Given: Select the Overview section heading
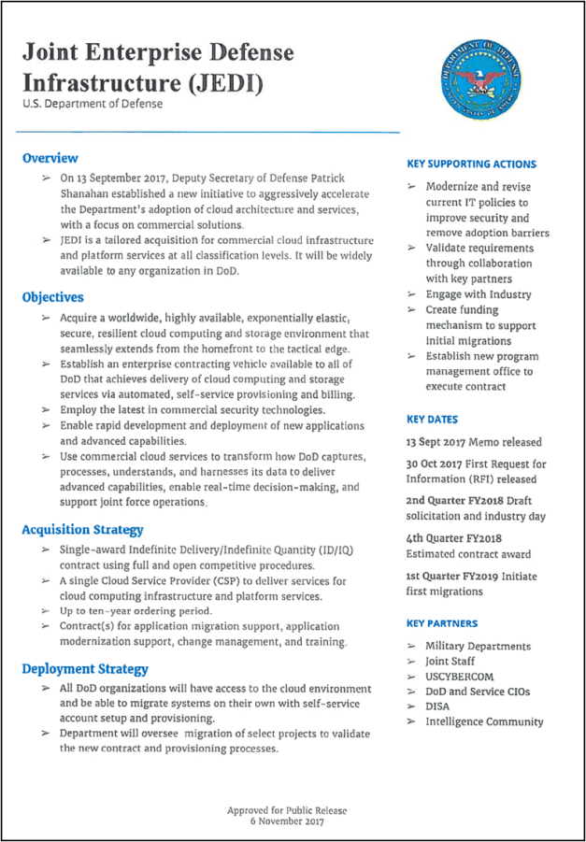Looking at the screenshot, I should point(50,158).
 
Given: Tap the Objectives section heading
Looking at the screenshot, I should point(52,297).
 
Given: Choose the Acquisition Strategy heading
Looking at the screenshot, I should point(82,530).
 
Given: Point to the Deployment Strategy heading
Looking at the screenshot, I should point(85,668).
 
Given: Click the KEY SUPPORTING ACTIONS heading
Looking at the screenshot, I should point(471,164).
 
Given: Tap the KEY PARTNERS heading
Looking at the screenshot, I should point(441,622).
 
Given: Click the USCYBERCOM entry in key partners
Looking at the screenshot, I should point(459,677).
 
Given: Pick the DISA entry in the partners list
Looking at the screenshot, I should point(436,706).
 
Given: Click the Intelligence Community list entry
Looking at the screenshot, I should point(483,721).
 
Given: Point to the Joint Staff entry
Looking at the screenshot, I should point(449,662).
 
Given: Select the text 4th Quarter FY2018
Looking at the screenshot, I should point(454,538).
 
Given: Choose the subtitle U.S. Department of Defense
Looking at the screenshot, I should point(93,104).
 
